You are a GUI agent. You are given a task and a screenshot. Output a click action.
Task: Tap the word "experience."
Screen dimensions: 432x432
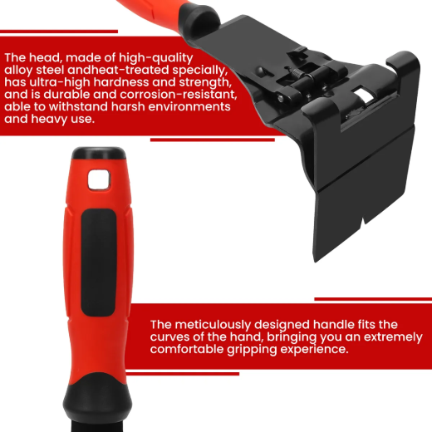[x=321, y=350]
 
